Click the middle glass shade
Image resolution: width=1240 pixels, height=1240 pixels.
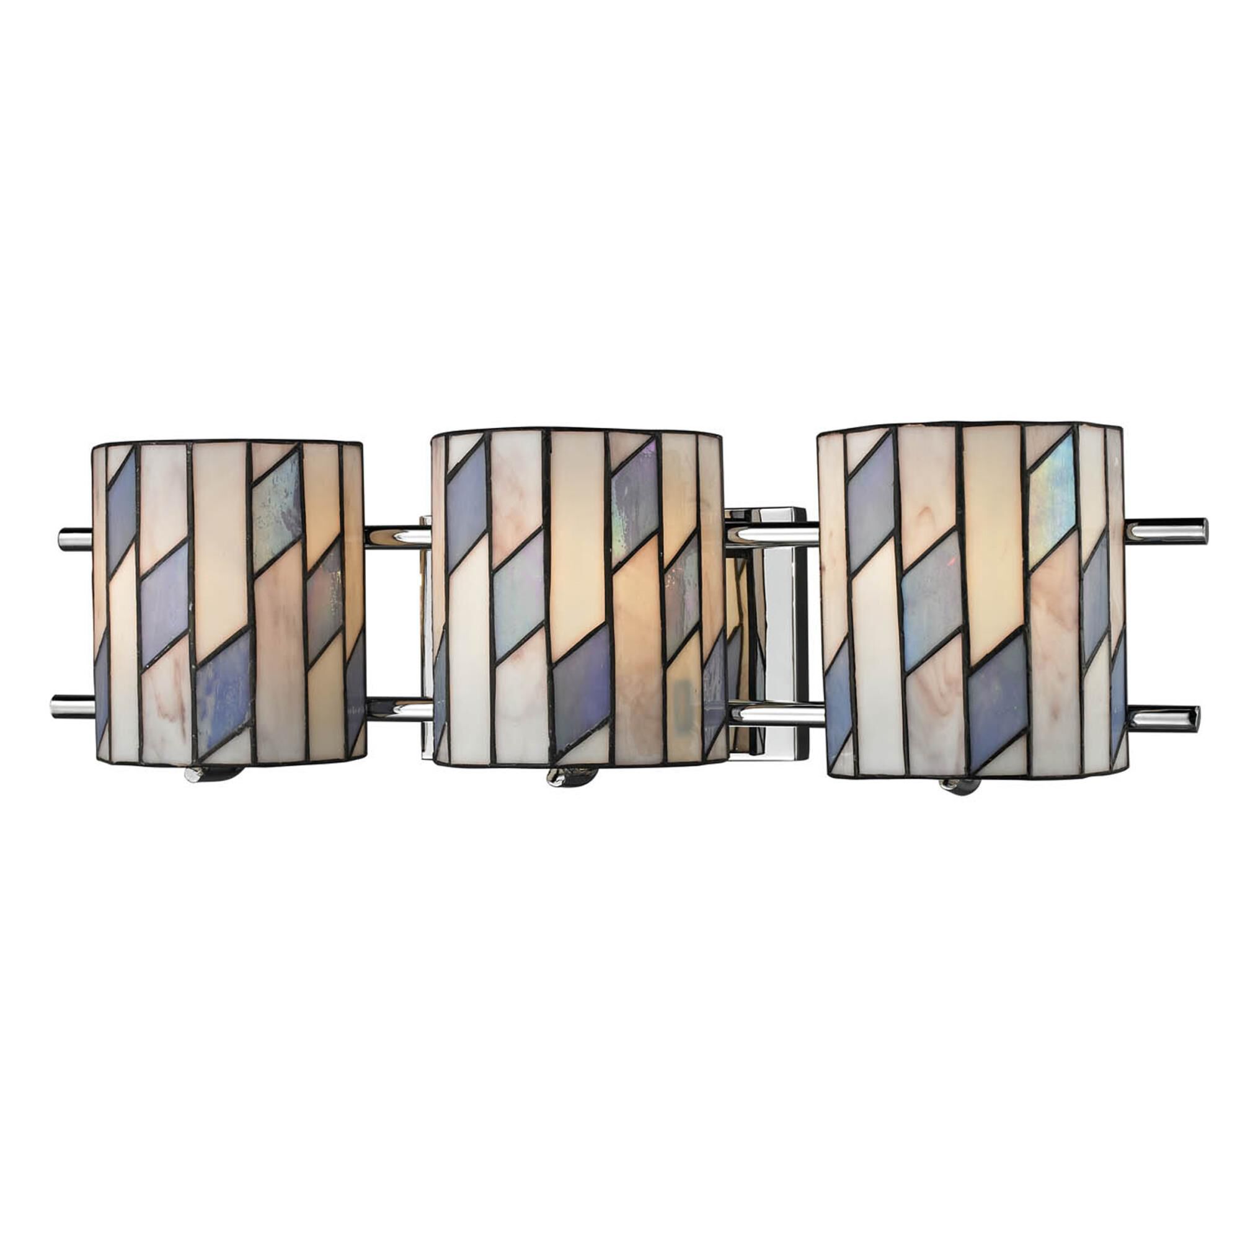[578, 597]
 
